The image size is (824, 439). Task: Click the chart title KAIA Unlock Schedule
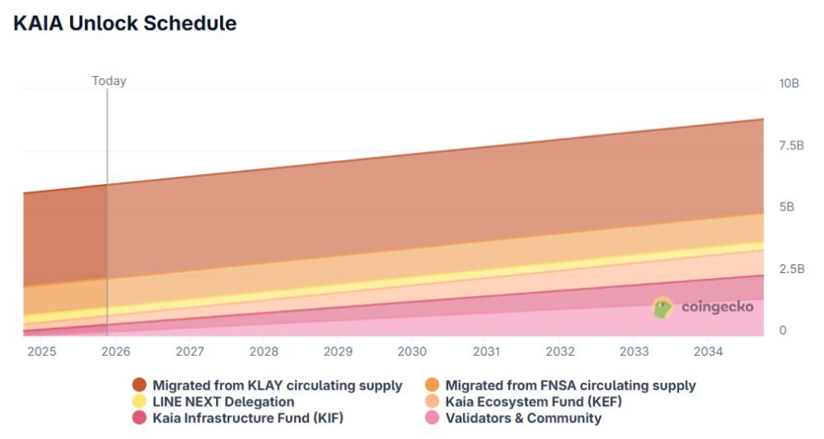tap(125, 24)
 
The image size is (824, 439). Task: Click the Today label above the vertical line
tap(109, 81)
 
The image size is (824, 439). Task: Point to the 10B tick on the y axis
tap(789, 83)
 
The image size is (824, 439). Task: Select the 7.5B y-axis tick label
tap(790, 145)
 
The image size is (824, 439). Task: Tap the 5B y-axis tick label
tap(787, 207)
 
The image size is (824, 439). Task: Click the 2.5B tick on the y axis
tap(790, 269)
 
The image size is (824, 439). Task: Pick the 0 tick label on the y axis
tap(783, 330)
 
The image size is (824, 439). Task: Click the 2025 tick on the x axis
tap(42, 352)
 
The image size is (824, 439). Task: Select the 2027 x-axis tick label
tap(190, 352)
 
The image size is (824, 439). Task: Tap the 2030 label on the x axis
tap(412, 352)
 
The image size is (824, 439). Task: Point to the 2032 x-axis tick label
tap(560, 352)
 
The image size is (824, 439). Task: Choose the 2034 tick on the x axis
tap(708, 352)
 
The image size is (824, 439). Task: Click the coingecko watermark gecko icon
tap(663, 308)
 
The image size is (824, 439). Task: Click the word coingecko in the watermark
tap(717, 308)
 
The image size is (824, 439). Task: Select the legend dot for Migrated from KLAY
tap(139, 385)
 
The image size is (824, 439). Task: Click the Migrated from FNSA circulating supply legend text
tap(570, 385)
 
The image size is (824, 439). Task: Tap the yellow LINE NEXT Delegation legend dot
tap(139, 402)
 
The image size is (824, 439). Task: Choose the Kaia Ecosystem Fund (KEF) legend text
tap(534, 402)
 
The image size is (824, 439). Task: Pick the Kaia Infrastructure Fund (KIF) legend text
tap(247, 418)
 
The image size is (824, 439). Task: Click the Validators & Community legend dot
tap(432, 418)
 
